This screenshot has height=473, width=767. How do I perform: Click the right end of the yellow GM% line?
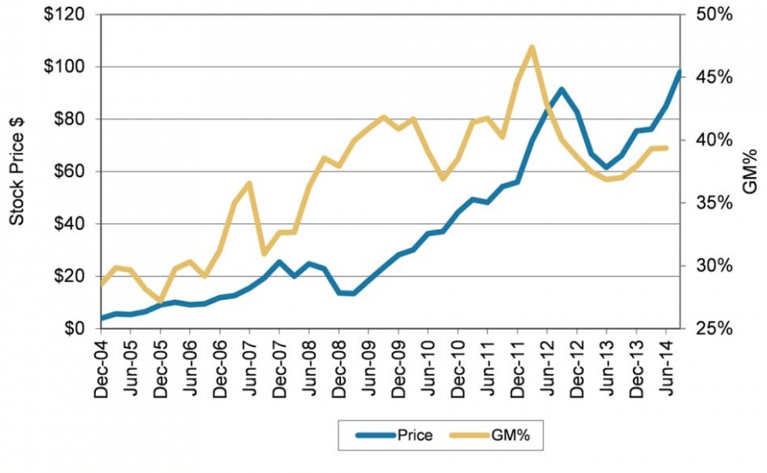coord(666,148)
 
